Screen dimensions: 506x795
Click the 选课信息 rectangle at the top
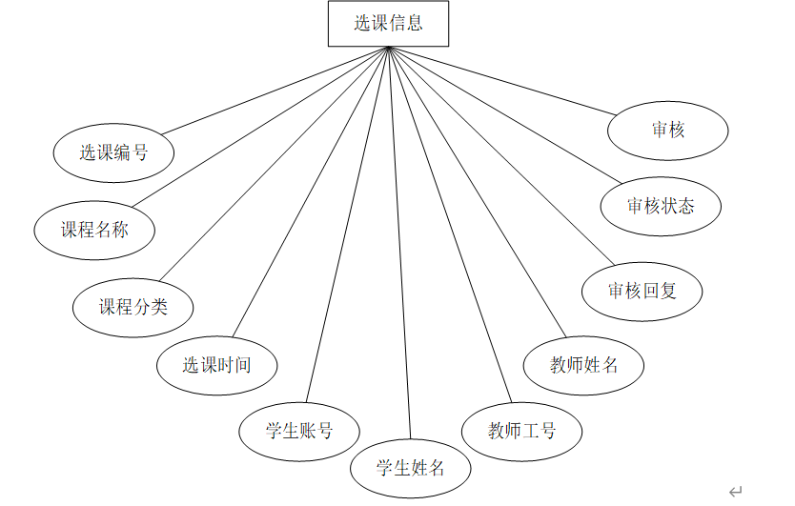click(388, 24)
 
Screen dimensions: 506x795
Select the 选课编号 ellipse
click(113, 152)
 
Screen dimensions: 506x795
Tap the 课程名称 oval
click(94, 230)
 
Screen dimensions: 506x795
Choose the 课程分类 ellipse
click(133, 307)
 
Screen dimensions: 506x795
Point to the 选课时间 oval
click(216, 364)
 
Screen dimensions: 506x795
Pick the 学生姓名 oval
click(410, 467)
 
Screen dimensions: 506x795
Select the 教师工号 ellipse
click(521, 431)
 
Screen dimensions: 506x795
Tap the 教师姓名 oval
click(584, 364)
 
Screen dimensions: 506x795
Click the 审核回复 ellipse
click(642, 291)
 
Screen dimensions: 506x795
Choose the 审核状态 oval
click(661, 206)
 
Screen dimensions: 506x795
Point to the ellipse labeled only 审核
click(668, 129)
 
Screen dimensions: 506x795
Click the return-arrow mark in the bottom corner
click(735, 492)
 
